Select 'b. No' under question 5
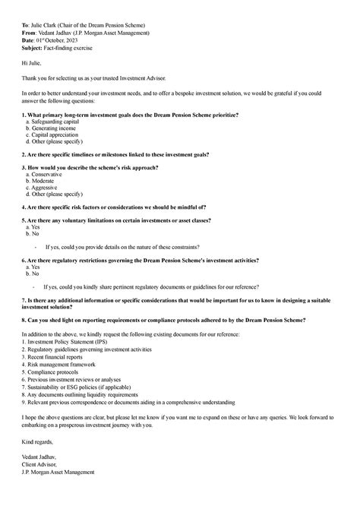pyautogui.click(x=33, y=233)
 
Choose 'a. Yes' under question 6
pyautogui.click(x=33, y=267)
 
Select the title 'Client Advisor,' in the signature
pyautogui.click(x=40, y=465)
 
